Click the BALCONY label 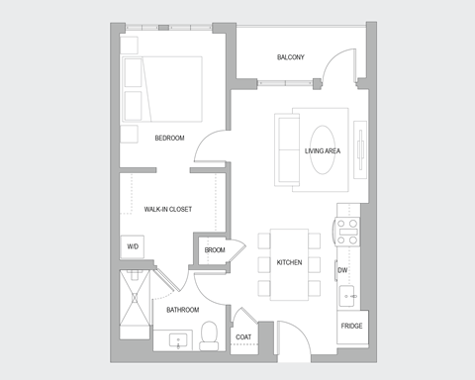(x=290, y=57)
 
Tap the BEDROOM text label (x=169, y=138)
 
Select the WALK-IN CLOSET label (x=167, y=209)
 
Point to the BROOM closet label (x=215, y=249)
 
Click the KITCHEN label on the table (x=289, y=262)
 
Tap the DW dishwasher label (x=342, y=269)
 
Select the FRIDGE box (x=350, y=327)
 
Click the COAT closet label (x=243, y=337)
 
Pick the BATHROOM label (x=183, y=310)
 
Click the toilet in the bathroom (x=209, y=336)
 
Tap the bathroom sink (x=179, y=341)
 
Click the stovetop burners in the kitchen (x=346, y=232)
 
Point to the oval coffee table (x=323, y=150)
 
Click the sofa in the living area (x=288, y=149)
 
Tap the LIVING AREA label (x=323, y=150)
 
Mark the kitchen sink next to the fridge (x=349, y=295)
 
